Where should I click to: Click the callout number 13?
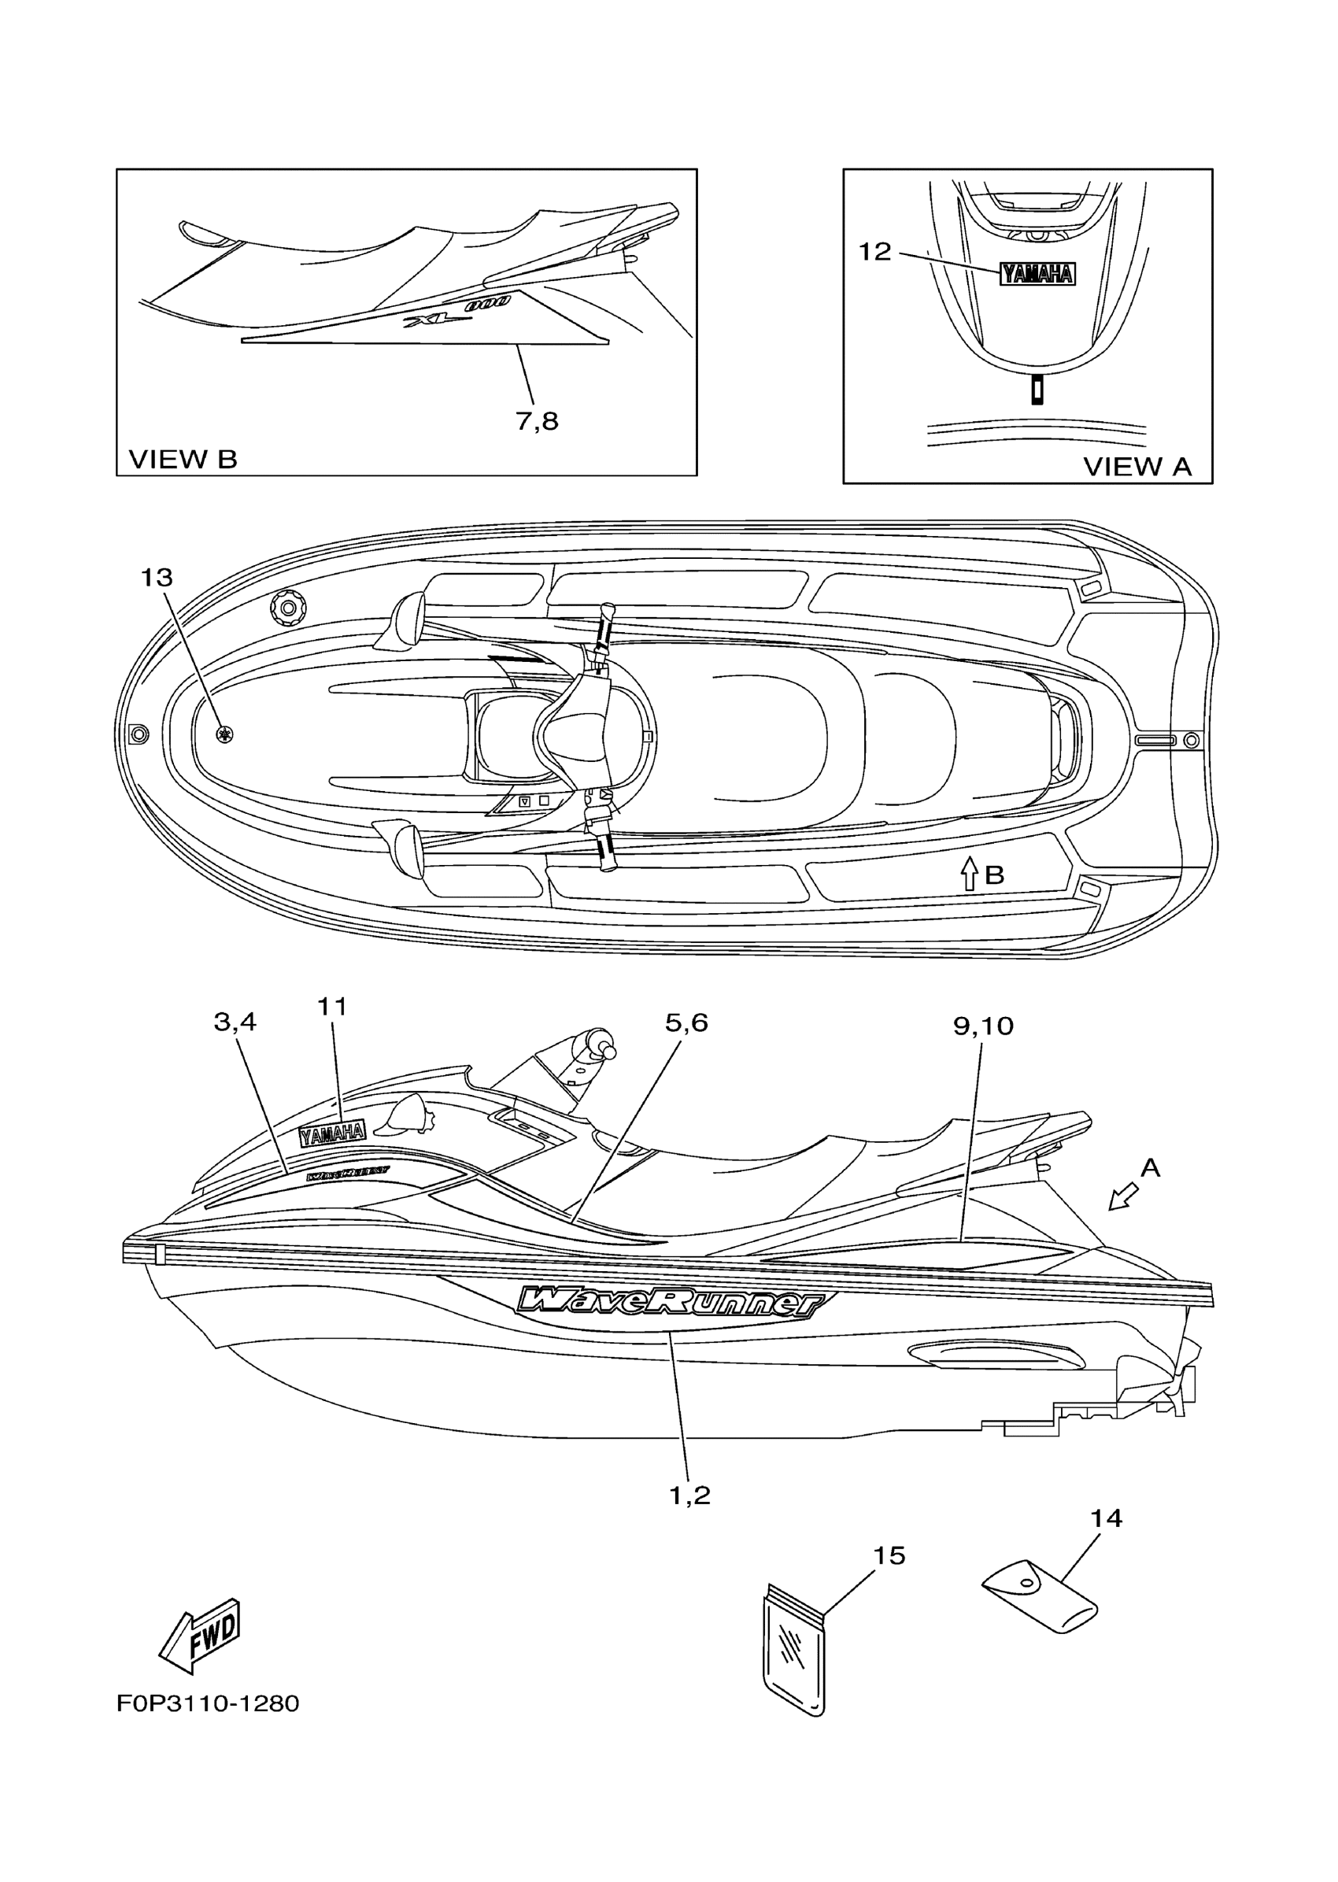point(157,579)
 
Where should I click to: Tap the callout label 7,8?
point(538,422)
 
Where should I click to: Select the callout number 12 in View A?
point(875,252)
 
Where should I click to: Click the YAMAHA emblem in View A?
point(1037,275)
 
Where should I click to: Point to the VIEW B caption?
point(183,460)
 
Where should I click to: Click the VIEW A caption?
point(1137,468)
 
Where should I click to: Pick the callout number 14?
point(1106,1518)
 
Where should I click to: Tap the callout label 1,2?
point(689,1496)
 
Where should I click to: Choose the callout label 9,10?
point(983,1026)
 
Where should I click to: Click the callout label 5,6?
point(686,1022)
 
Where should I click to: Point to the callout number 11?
point(333,1006)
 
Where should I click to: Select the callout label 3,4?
point(235,1022)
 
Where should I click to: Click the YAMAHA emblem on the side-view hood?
point(332,1133)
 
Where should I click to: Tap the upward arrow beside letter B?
point(970,874)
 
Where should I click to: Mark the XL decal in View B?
point(456,313)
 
